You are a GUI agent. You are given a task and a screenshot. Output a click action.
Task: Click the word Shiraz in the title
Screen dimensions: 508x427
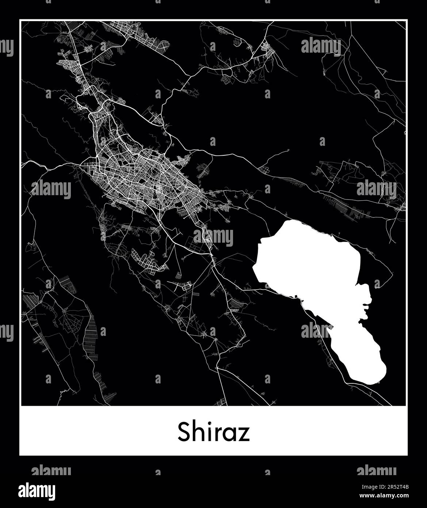(x=214, y=432)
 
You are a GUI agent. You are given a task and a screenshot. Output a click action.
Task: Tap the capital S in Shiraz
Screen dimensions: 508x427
(x=184, y=432)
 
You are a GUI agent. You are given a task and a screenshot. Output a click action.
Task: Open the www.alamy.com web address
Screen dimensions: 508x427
(x=384, y=496)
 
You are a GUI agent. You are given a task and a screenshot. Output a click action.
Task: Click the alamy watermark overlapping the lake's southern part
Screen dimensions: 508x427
(x=317, y=331)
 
